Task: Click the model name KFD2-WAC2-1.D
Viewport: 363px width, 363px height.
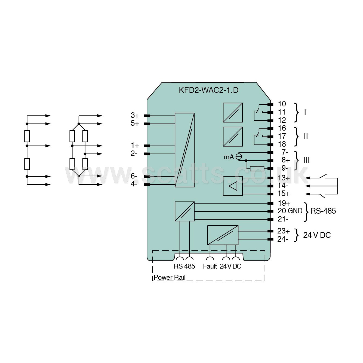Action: pos(208,90)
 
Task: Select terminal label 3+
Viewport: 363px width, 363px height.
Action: pos(135,115)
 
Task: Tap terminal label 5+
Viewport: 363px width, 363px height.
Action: pos(135,123)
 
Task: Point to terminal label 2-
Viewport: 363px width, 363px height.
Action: pos(134,153)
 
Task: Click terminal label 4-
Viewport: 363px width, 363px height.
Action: pos(134,184)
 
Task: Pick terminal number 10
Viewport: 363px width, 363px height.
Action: pos(282,104)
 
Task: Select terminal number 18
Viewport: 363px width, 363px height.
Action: pos(282,144)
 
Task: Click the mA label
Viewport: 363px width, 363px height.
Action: pos(229,157)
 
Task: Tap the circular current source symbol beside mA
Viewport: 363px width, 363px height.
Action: pos(239,157)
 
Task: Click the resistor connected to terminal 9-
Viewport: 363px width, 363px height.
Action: pos(257,169)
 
